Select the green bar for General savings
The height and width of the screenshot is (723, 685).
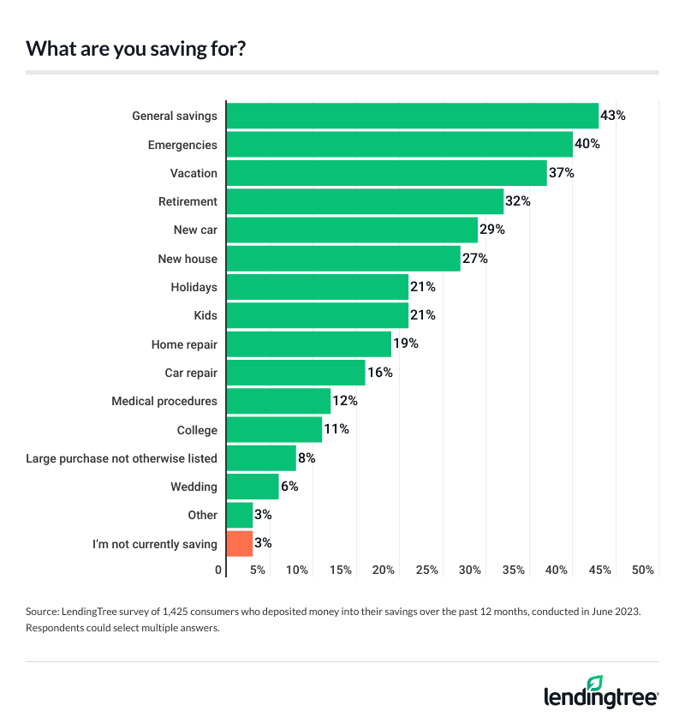click(x=412, y=116)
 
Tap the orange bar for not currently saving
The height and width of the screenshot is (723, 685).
click(x=239, y=543)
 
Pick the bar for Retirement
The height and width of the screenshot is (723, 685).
click(x=364, y=201)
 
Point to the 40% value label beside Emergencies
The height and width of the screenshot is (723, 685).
click(x=587, y=144)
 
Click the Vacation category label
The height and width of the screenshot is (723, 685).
click(x=194, y=173)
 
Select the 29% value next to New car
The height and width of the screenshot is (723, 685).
click(x=492, y=230)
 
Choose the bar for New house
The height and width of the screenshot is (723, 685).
click(x=342, y=258)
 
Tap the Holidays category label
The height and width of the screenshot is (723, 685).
click(x=194, y=287)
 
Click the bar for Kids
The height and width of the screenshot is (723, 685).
click(x=317, y=315)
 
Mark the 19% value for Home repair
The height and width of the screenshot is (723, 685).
click(x=406, y=344)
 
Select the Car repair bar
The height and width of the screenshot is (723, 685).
click(x=295, y=373)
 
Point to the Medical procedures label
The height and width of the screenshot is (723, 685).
click(x=164, y=401)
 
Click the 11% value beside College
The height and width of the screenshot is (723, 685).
click(x=337, y=429)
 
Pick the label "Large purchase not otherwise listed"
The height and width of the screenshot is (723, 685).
click(x=122, y=458)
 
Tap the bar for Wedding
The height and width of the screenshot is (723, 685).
click(x=253, y=487)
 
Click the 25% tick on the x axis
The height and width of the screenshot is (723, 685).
click(x=426, y=570)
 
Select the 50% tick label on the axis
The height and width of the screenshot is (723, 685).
click(x=643, y=570)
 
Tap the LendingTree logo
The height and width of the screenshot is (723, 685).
click(x=601, y=692)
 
